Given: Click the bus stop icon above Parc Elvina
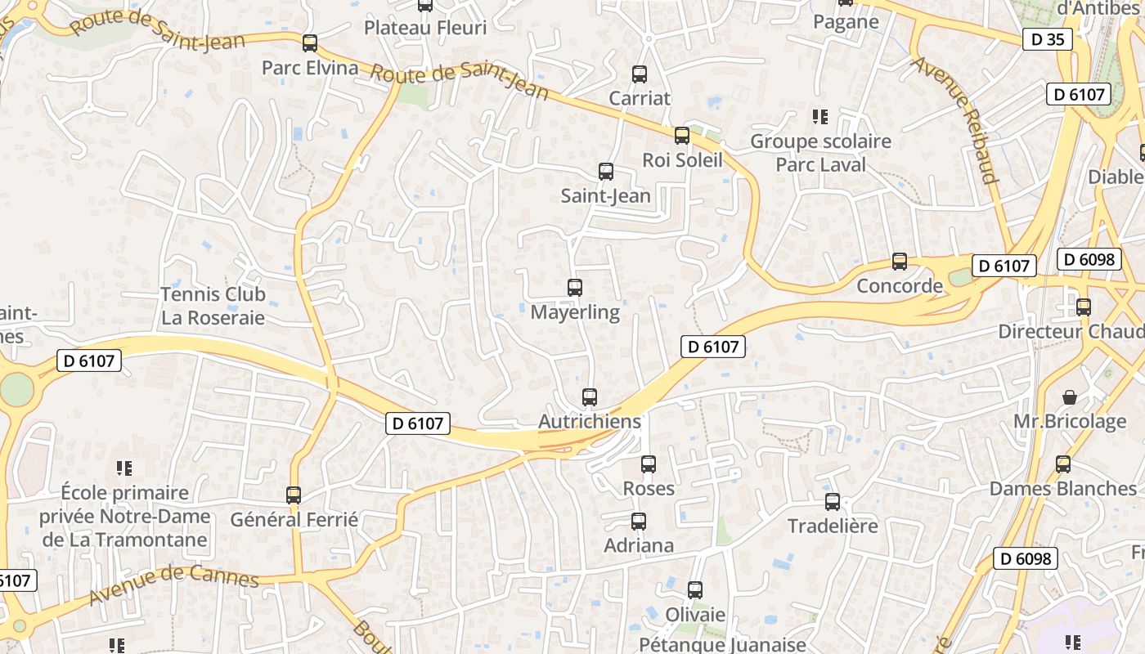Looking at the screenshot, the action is (310, 43).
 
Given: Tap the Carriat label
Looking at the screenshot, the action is (640, 98).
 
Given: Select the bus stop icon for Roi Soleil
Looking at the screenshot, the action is (682, 136).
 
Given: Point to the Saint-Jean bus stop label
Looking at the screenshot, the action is (605, 195).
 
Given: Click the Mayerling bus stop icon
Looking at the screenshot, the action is (575, 288).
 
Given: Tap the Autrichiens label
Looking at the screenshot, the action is (589, 422).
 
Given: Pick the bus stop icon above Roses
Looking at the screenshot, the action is (649, 464).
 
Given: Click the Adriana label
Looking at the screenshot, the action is (639, 545).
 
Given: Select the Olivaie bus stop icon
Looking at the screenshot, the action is (695, 589).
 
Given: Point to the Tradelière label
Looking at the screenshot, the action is (833, 526).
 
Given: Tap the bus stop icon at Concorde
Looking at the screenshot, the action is (900, 262).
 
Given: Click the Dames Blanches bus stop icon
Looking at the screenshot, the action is (1063, 464).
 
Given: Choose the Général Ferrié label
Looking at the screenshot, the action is (294, 519).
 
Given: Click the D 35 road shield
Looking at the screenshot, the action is (1047, 38).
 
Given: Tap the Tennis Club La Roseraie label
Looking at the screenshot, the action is (213, 306).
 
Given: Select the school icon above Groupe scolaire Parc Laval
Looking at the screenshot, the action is (820, 117).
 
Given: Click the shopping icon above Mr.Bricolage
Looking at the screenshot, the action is (1070, 397).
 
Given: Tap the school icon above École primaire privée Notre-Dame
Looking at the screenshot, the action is (124, 468).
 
